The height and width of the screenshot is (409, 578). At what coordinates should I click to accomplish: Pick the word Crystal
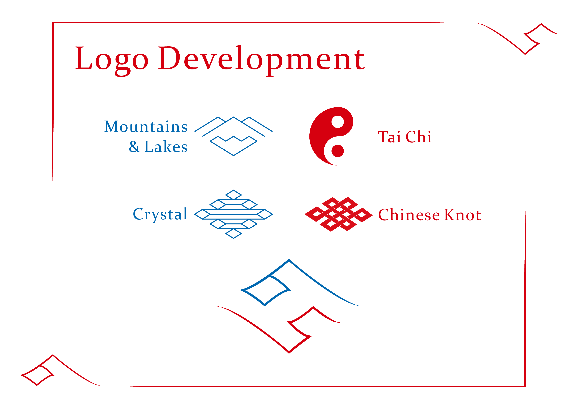click(x=160, y=215)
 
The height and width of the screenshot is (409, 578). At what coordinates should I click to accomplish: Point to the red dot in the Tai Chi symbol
click(x=338, y=151)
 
